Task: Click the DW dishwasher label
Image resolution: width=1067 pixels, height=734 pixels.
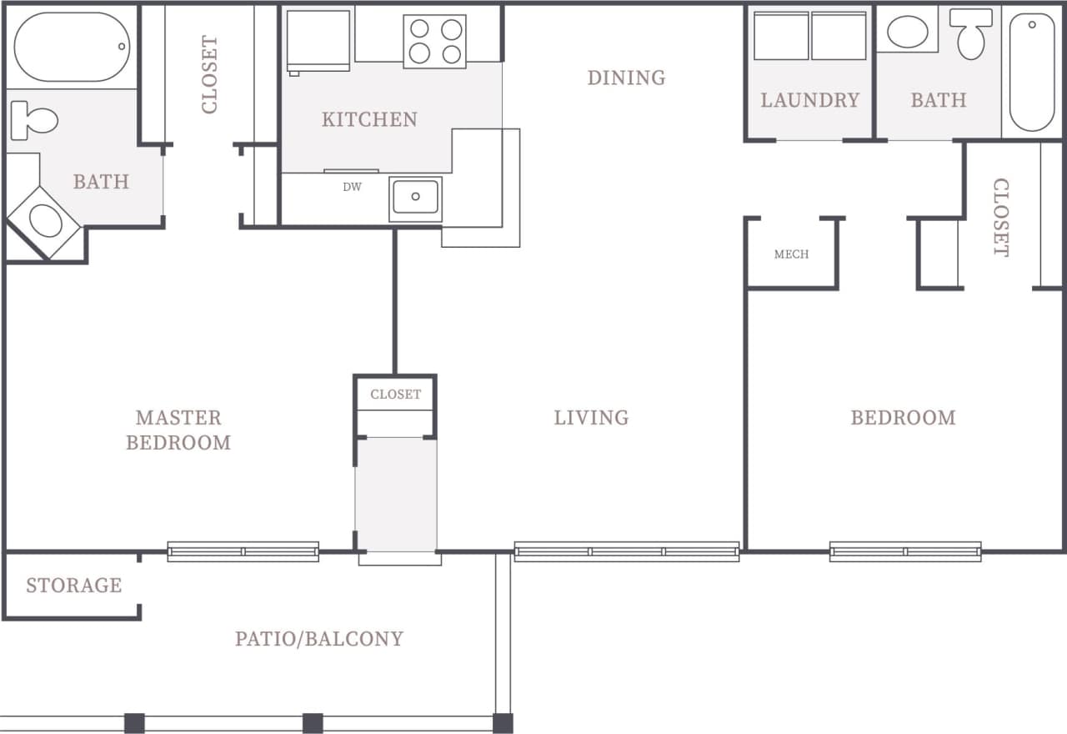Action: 352,188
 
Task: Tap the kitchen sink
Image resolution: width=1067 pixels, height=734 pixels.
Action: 415,198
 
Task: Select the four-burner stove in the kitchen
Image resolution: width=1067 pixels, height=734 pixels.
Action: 435,41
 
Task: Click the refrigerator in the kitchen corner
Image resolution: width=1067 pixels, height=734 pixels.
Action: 318,39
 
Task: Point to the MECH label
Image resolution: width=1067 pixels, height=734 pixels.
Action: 791,254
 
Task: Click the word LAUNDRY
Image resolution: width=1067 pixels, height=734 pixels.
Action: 809,100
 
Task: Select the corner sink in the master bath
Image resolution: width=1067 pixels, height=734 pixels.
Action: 43,222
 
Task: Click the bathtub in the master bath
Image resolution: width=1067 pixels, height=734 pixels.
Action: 73,47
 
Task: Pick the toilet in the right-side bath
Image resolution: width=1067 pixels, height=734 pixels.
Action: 971,33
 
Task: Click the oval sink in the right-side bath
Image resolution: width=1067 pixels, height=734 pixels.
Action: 908,33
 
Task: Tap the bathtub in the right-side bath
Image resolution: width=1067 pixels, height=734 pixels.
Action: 1032,72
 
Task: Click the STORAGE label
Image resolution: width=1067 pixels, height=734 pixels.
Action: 73,586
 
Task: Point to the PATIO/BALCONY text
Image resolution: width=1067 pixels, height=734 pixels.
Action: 318,639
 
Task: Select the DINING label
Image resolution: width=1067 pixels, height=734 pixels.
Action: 626,78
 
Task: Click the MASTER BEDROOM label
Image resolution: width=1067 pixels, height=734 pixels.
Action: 178,430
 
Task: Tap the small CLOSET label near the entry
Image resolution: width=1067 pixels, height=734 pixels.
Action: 396,395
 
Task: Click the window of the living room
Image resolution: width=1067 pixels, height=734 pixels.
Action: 627,551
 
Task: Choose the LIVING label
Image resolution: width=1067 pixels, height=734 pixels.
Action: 591,417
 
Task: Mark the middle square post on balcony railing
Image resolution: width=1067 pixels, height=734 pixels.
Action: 313,723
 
